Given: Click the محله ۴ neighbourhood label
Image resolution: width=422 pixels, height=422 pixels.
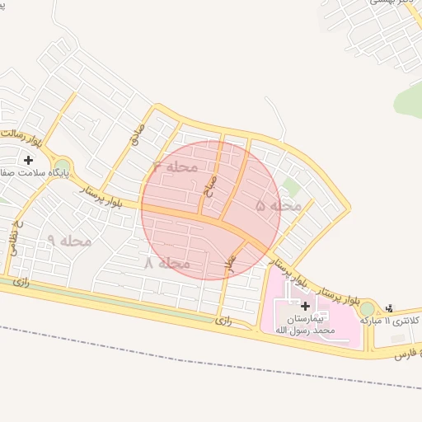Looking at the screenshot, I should coord(176,167).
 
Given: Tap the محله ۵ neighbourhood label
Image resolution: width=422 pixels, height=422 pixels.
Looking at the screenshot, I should coord(279,206).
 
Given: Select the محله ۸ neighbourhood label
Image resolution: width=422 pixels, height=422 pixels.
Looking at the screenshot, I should coord(167,264).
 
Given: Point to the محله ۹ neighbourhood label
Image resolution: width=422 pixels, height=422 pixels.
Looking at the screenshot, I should coord(69,241).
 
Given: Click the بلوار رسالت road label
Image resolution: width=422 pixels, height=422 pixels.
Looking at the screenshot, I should coord(18,132).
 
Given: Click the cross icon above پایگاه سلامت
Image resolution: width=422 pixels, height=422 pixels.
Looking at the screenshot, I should coord(28,159).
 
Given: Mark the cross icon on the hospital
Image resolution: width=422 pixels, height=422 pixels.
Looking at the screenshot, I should coord(306,306).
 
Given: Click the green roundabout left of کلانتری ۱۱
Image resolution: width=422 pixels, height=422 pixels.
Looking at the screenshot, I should coord(366,308).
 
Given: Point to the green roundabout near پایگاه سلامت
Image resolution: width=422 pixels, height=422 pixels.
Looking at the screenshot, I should coord(62,166).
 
